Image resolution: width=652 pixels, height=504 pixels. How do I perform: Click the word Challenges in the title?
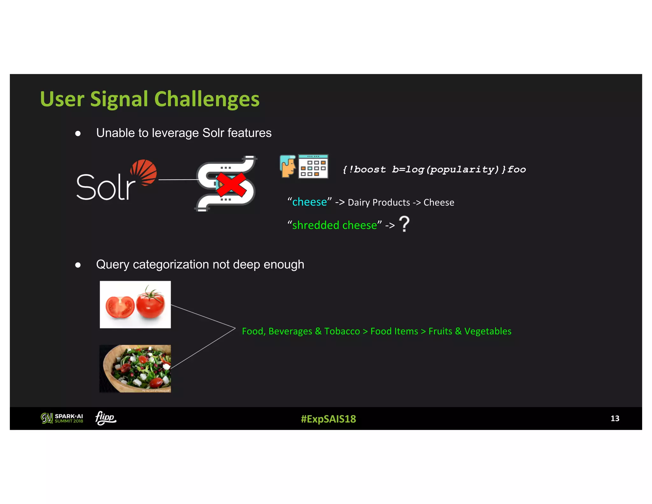(x=207, y=99)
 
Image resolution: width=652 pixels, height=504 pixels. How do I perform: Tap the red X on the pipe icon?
(x=231, y=184)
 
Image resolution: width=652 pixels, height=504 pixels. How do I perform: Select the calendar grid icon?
(x=313, y=167)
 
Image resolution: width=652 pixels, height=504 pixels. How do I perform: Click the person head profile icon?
(x=288, y=166)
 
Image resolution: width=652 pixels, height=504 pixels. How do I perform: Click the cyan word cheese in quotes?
(x=309, y=202)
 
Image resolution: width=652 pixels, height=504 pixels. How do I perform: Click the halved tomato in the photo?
(x=120, y=307)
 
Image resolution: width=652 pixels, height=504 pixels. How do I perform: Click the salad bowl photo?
(x=135, y=369)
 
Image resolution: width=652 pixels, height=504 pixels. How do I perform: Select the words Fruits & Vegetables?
(x=470, y=331)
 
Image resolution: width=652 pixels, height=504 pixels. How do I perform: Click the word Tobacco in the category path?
(x=342, y=331)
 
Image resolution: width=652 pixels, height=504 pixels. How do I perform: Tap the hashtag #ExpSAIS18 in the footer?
(x=328, y=419)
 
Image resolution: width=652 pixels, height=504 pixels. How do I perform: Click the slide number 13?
(x=614, y=418)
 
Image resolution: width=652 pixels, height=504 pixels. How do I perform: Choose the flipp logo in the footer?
(x=106, y=418)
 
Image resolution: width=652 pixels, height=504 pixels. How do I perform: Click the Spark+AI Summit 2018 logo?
(x=62, y=418)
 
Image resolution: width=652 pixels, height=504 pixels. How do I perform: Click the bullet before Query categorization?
(x=78, y=265)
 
